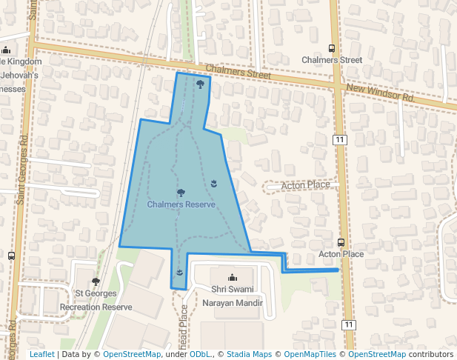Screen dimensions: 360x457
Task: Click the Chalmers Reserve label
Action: [x=181, y=204]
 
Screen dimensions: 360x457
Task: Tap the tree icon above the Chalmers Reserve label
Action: [x=181, y=193]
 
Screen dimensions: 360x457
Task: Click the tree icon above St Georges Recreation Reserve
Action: [x=96, y=281]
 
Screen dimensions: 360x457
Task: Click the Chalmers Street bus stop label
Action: [x=332, y=59]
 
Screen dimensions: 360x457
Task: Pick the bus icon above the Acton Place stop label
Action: [x=341, y=242]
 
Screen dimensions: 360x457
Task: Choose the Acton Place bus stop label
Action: [x=341, y=254]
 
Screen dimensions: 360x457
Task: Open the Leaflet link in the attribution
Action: [x=41, y=355]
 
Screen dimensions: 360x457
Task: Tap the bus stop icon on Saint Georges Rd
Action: [x=11, y=256]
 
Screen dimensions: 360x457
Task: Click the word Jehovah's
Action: [x=19, y=75]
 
